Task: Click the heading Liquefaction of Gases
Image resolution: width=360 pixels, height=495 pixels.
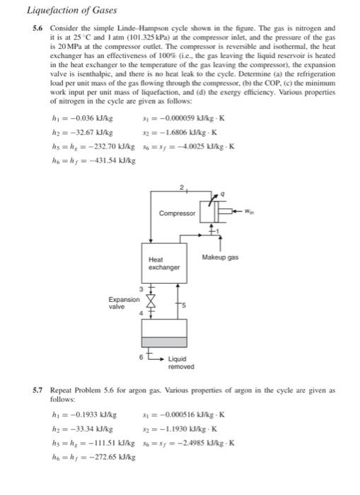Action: [61, 11]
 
